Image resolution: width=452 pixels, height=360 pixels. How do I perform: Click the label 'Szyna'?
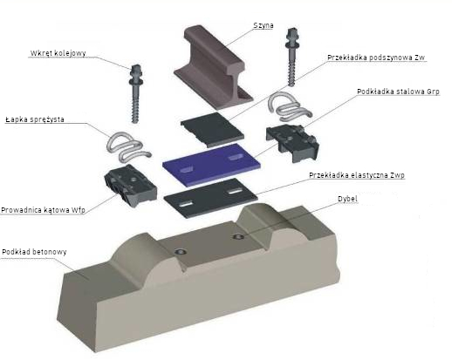pos(264,25)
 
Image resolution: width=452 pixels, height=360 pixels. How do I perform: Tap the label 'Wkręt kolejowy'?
pos(58,53)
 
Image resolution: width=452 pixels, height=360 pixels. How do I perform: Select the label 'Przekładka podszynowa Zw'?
pos(376,58)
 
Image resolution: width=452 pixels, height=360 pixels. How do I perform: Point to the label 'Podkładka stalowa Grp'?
pos(398,92)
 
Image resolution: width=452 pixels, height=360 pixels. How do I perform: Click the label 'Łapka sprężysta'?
pos(35,119)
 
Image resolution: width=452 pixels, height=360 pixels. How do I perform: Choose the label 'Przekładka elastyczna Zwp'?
pos(357,175)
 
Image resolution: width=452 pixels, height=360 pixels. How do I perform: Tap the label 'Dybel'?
pos(347,199)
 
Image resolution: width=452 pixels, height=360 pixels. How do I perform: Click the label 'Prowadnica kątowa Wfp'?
pos(43,210)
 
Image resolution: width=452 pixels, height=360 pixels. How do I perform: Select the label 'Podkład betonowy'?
pos(34,252)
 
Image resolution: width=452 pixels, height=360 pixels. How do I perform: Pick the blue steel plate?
pos(211,164)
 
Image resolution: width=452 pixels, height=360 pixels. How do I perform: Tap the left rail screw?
pos(135,93)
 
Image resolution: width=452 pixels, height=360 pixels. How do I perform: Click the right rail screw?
pos(291,57)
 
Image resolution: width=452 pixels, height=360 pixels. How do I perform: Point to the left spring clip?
pos(128,146)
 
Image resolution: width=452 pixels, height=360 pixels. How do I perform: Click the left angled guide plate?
pos(131,185)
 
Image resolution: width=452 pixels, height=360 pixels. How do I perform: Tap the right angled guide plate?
pos(292,143)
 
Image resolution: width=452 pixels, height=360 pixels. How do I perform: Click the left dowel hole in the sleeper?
pos(181,252)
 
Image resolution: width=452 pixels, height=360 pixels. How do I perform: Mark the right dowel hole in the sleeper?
pos(238,236)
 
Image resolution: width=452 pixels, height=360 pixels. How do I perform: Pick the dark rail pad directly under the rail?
pos(212,130)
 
